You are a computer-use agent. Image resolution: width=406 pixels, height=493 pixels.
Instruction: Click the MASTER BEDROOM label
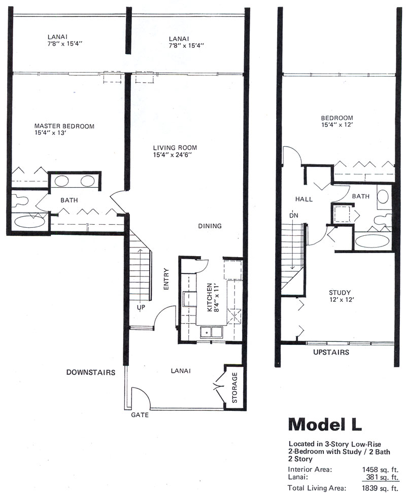click(x=64, y=126)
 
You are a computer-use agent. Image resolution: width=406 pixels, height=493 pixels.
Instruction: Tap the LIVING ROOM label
click(x=175, y=148)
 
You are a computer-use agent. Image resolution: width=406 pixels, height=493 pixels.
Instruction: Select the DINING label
click(x=210, y=226)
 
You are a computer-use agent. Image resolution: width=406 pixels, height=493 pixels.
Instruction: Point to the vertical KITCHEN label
click(x=210, y=297)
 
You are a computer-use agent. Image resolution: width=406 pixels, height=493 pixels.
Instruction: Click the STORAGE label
click(x=234, y=388)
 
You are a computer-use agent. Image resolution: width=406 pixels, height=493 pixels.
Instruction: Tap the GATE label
click(x=140, y=415)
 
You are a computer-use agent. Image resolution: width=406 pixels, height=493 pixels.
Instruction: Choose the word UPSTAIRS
click(x=331, y=352)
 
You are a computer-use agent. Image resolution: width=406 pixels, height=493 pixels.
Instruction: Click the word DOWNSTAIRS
click(x=90, y=372)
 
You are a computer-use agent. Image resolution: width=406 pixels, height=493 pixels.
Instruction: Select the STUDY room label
click(x=340, y=293)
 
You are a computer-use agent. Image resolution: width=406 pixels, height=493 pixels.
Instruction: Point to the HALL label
click(x=304, y=199)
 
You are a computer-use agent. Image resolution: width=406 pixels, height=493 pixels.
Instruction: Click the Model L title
click(x=325, y=424)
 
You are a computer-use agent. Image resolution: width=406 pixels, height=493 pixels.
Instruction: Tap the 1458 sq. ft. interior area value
click(x=380, y=470)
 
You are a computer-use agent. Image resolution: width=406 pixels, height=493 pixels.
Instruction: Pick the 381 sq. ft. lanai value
click(x=382, y=477)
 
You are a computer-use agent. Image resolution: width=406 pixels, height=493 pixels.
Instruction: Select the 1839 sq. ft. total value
click(x=380, y=488)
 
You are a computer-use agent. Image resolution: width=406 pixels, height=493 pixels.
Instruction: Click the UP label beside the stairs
click(x=141, y=307)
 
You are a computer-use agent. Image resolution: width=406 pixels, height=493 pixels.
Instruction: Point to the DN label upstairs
click(x=293, y=216)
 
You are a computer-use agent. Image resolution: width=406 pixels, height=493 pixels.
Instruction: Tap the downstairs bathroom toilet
click(x=20, y=201)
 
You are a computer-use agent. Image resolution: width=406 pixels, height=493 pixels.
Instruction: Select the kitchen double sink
click(x=212, y=333)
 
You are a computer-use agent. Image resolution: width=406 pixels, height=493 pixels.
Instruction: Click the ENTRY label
click(x=166, y=279)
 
